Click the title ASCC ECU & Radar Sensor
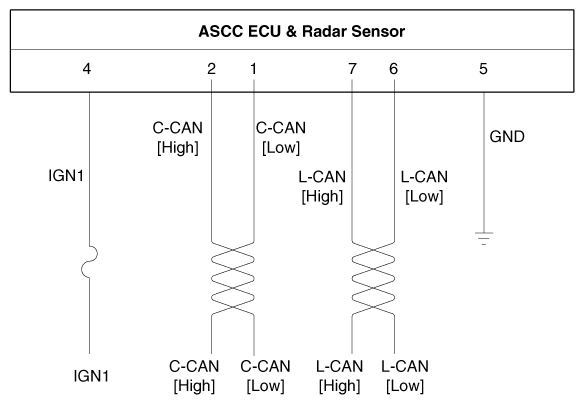(302, 31)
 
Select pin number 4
(87, 69)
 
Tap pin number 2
(211, 69)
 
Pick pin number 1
(253, 69)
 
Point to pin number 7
(352, 69)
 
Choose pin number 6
(394, 69)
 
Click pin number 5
(483, 69)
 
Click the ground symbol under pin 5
(484, 238)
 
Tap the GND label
(507, 137)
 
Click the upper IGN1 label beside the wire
(66, 176)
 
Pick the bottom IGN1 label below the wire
(92, 376)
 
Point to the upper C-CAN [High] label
(178, 138)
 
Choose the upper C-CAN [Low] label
(281, 138)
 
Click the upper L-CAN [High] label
(322, 187)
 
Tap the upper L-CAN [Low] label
(424, 187)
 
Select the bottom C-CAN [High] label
(194, 376)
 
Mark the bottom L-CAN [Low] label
(405, 376)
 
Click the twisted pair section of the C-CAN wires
(233, 279)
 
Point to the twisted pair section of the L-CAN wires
(373, 279)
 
